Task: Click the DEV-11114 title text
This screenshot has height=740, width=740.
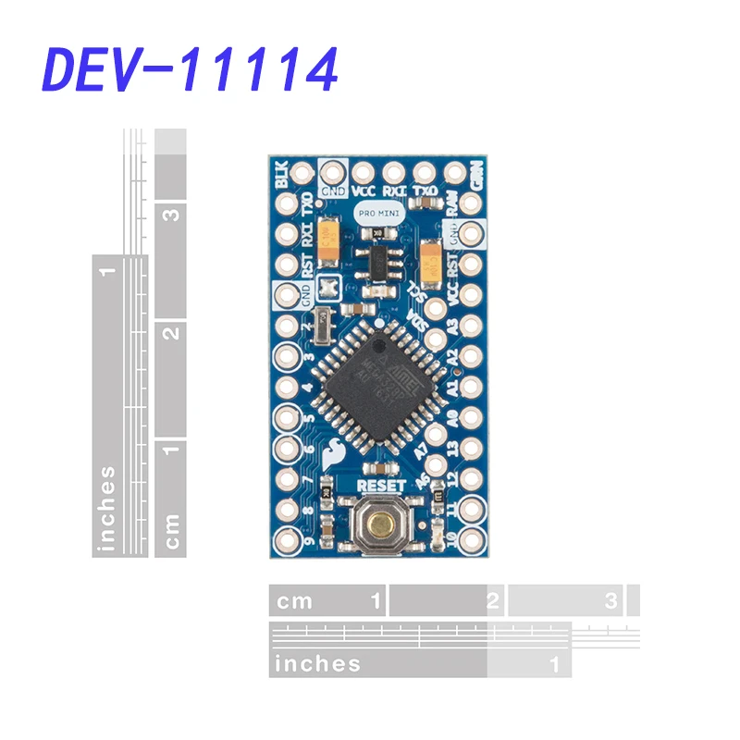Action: [191, 69]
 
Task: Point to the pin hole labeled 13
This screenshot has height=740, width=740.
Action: [471, 447]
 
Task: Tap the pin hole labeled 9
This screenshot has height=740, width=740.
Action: [285, 538]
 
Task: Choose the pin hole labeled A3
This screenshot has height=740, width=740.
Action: [471, 326]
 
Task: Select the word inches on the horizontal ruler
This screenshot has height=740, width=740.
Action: [317, 663]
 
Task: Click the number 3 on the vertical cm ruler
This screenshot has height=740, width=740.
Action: [170, 214]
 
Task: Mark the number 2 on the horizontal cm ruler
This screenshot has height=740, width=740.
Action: [493, 601]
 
